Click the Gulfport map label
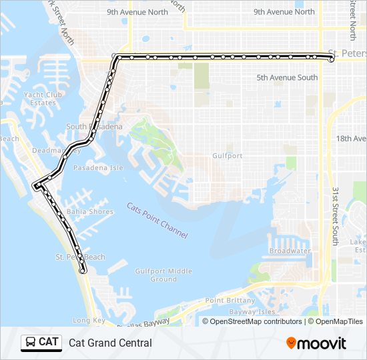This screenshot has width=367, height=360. point(227,155)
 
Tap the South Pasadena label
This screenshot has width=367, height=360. point(94,127)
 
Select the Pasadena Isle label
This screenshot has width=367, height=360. point(98,168)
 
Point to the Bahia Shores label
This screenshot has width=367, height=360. point(90,212)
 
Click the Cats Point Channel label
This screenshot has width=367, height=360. point(157,221)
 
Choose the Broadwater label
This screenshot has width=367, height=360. point(290,251)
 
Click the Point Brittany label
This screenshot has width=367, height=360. point(230,301)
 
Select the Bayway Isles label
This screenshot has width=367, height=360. point(252,311)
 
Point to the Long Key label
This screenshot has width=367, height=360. point(89,321)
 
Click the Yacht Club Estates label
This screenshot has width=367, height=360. point(43,99)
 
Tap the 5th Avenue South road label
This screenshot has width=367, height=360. point(287,78)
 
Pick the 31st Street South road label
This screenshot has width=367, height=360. point(335,215)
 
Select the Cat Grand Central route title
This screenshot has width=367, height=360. point(110,343)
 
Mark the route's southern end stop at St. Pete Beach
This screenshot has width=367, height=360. point(83,271)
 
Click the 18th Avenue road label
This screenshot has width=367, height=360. point(352,139)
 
